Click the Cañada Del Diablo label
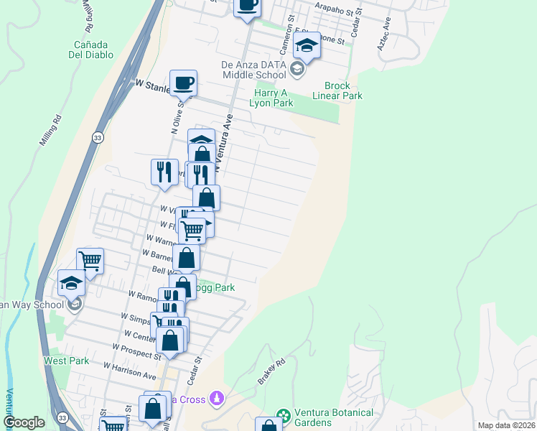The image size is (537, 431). tap(87, 47)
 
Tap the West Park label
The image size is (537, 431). tap(67, 361)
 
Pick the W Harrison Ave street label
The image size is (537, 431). tap(129, 371)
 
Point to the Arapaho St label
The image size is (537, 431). tap(337, 12)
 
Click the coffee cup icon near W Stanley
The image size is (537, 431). tap(183, 83)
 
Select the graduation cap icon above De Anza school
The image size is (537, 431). tap(307, 46)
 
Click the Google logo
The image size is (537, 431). tap(24, 422)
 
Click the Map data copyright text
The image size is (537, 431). tap(506, 425)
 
